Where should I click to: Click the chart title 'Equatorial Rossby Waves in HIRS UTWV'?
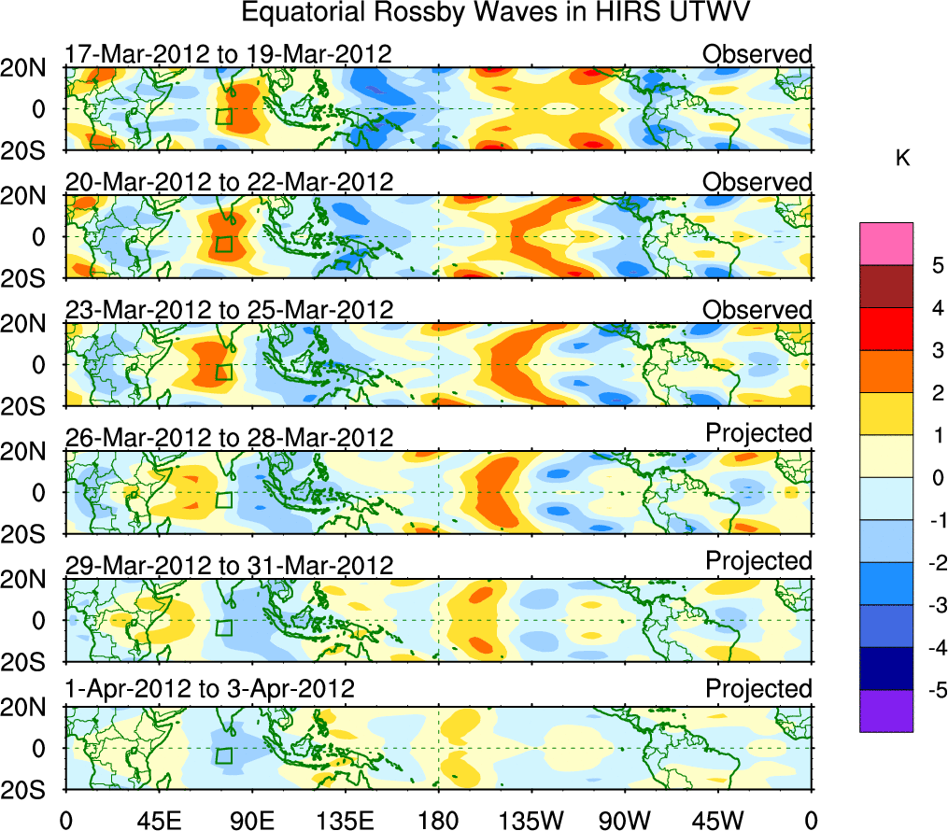496,14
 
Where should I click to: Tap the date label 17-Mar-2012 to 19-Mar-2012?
228,53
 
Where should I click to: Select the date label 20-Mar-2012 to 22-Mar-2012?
229,181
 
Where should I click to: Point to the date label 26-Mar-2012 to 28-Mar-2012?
229,437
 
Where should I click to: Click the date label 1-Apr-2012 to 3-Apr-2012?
210,690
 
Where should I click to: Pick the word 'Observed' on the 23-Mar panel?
757,309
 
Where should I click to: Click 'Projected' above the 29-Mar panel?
758,561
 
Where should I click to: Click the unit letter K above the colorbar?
903,160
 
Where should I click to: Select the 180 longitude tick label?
438,820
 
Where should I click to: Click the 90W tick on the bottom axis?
625,820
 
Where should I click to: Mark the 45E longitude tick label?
158,820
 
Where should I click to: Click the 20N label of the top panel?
25,68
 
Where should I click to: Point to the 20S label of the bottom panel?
25,789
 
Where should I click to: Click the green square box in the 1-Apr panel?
223,755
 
